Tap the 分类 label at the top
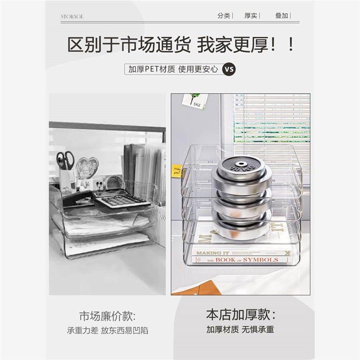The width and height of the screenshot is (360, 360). click(x=224, y=16)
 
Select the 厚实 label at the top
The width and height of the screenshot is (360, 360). click(x=251, y=16)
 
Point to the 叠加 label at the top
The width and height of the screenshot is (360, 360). click(x=282, y=16)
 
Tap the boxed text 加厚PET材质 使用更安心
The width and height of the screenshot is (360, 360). click(x=173, y=69)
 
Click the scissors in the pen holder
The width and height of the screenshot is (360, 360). click(x=66, y=161)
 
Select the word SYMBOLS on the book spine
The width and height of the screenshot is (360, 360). click(x=261, y=260)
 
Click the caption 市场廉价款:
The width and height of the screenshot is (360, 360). click(x=107, y=315)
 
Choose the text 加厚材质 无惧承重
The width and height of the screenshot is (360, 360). click(x=240, y=329)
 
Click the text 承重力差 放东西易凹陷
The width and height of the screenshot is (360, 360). click(x=107, y=330)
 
